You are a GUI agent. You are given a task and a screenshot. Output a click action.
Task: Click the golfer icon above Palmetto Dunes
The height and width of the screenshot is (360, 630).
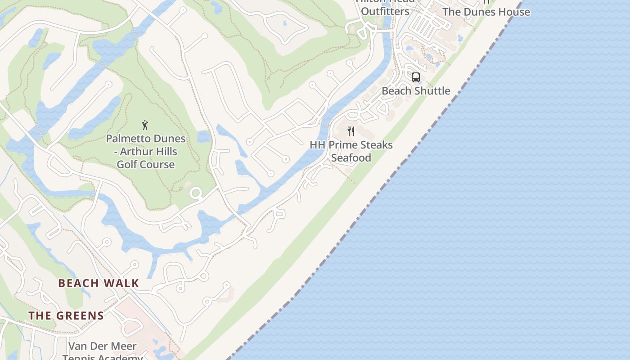(145, 125)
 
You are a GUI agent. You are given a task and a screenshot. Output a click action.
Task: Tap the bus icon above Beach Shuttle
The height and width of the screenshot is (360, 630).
(416, 77)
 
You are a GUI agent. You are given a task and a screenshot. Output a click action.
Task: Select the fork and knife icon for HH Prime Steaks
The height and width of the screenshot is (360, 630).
(351, 131)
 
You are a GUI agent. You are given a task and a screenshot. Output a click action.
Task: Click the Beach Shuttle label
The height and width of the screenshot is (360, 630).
(416, 91)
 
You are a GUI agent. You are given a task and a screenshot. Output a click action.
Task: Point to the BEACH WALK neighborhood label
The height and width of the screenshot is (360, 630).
(99, 283)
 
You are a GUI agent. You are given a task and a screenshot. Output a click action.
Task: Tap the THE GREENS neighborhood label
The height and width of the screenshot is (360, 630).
(66, 315)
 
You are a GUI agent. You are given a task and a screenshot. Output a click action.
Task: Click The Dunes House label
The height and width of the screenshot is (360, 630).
(486, 12)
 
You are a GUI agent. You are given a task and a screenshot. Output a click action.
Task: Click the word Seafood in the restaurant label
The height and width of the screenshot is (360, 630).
(351, 157)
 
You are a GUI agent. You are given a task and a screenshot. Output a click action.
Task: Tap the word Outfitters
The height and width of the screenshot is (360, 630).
(385, 11)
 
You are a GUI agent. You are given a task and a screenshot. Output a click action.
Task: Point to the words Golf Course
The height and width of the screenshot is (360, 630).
(145, 164)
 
